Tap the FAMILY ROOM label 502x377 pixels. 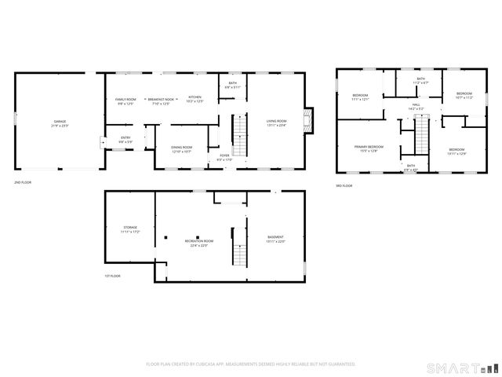coord(125,99)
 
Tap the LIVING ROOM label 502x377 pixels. coord(276,120)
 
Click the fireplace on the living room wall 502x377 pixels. coord(311,120)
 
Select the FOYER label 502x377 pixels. coord(224,156)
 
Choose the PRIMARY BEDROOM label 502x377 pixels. coord(369,147)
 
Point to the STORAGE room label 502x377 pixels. coord(129,228)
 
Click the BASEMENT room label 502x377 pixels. coord(275,237)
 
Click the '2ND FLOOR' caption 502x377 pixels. coord(23,182)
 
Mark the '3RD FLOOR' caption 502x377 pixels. coord(345,185)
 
